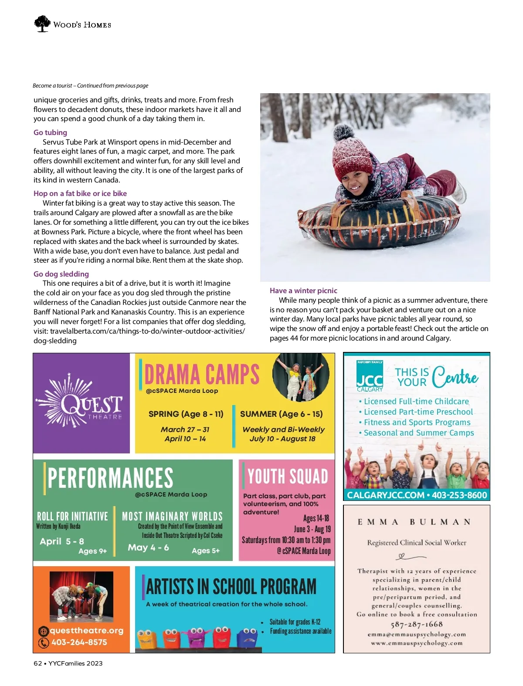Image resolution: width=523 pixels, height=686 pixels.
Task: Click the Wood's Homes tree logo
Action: coord(42,24)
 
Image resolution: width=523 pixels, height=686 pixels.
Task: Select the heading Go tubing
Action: coord(50,132)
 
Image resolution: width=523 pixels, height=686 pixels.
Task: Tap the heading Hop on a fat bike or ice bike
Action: coord(80,193)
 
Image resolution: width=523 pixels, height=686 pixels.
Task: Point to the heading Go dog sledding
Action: coord(61,274)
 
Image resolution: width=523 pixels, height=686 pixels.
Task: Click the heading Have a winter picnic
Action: coord(303,291)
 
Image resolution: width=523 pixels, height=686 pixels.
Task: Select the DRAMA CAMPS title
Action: coord(202,374)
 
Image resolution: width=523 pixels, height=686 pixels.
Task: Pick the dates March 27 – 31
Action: coord(185,429)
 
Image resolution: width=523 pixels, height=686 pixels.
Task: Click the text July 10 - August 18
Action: coord(282,439)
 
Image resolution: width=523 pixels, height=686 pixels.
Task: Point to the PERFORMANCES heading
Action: coord(110,478)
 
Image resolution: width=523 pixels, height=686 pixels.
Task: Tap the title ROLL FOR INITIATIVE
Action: coord(72,517)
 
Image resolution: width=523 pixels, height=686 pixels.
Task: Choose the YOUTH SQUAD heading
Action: coord(288,476)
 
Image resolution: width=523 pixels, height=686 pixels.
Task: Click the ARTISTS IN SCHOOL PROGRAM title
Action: coord(231,587)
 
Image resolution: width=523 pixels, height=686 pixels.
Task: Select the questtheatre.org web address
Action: coord(86,631)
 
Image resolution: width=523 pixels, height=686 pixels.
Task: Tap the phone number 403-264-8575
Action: coord(79,642)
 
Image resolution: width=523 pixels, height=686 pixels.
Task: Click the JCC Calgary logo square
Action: coord(370,376)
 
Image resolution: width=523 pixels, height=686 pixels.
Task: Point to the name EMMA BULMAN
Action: coord(414,522)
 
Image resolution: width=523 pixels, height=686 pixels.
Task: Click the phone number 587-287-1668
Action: coord(417,624)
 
